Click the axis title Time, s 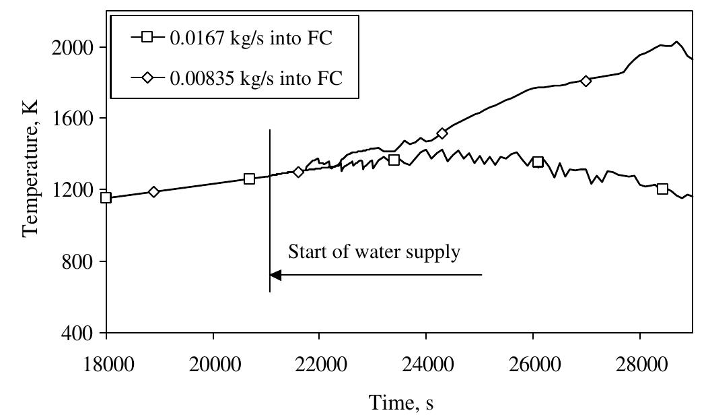(400, 402)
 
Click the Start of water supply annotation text (374, 253)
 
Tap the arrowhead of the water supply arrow (275, 275)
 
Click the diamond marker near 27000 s (586, 81)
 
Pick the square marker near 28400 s (662, 189)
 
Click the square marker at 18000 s (106, 197)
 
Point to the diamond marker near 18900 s (154, 192)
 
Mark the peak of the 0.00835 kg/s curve (676, 42)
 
